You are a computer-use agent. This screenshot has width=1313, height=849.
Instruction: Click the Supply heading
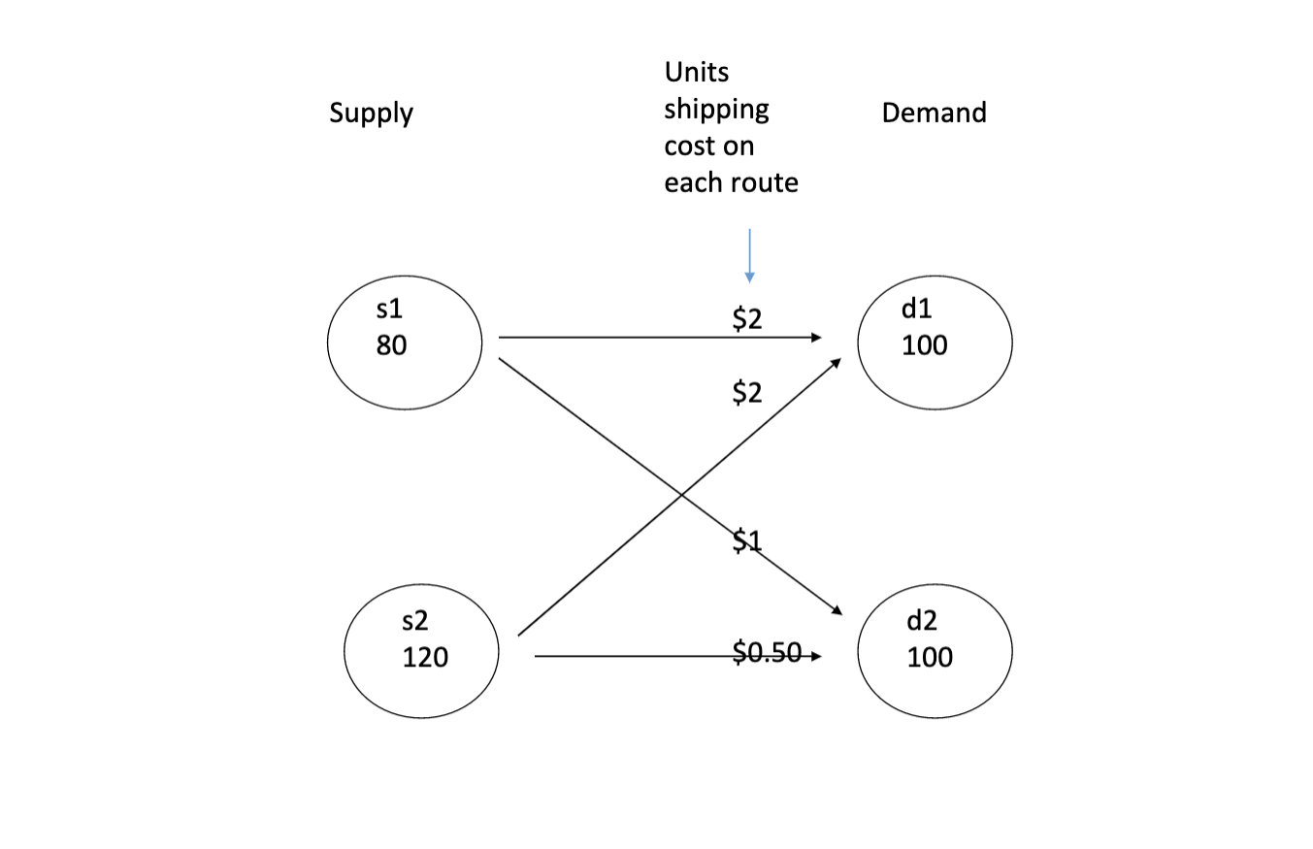click(x=371, y=114)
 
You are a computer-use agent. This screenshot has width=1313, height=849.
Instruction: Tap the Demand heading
click(x=934, y=113)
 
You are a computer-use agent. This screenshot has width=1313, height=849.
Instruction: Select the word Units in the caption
click(x=696, y=72)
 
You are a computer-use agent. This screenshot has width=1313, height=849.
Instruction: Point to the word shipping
click(x=716, y=109)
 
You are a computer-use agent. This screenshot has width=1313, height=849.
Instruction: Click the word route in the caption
click(x=767, y=182)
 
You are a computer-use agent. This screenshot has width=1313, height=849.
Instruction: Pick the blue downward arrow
click(x=749, y=256)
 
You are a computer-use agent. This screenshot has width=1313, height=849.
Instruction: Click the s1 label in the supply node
click(x=389, y=309)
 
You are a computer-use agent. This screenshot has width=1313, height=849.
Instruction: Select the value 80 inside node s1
click(x=391, y=345)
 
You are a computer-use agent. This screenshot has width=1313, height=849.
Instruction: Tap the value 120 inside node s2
click(x=425, y=658)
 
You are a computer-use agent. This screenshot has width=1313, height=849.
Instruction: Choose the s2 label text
click(x=414, y=621)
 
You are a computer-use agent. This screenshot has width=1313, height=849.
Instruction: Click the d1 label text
click(x=916, y=309)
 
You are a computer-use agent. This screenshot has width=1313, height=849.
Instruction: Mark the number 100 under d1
click(x=924, y=345)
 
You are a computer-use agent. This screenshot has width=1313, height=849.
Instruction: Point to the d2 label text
click(x=922, y=621)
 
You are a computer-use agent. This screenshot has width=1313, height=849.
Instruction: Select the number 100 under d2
click(x=930, y=658)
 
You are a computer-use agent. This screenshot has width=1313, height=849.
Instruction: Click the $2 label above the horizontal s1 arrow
click(x=747, y=318)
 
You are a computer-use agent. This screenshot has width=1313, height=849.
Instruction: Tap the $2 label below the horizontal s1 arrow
click(x=747, y=393)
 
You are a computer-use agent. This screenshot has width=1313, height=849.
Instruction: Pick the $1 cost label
click(x=747, y=541)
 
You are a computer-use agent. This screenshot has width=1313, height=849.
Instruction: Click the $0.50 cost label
click(x=767, y=653)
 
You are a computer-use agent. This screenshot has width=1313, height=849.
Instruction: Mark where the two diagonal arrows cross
click(x=681, y=495)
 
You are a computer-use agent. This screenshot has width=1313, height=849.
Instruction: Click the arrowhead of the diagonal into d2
click(x=837, y=610)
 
